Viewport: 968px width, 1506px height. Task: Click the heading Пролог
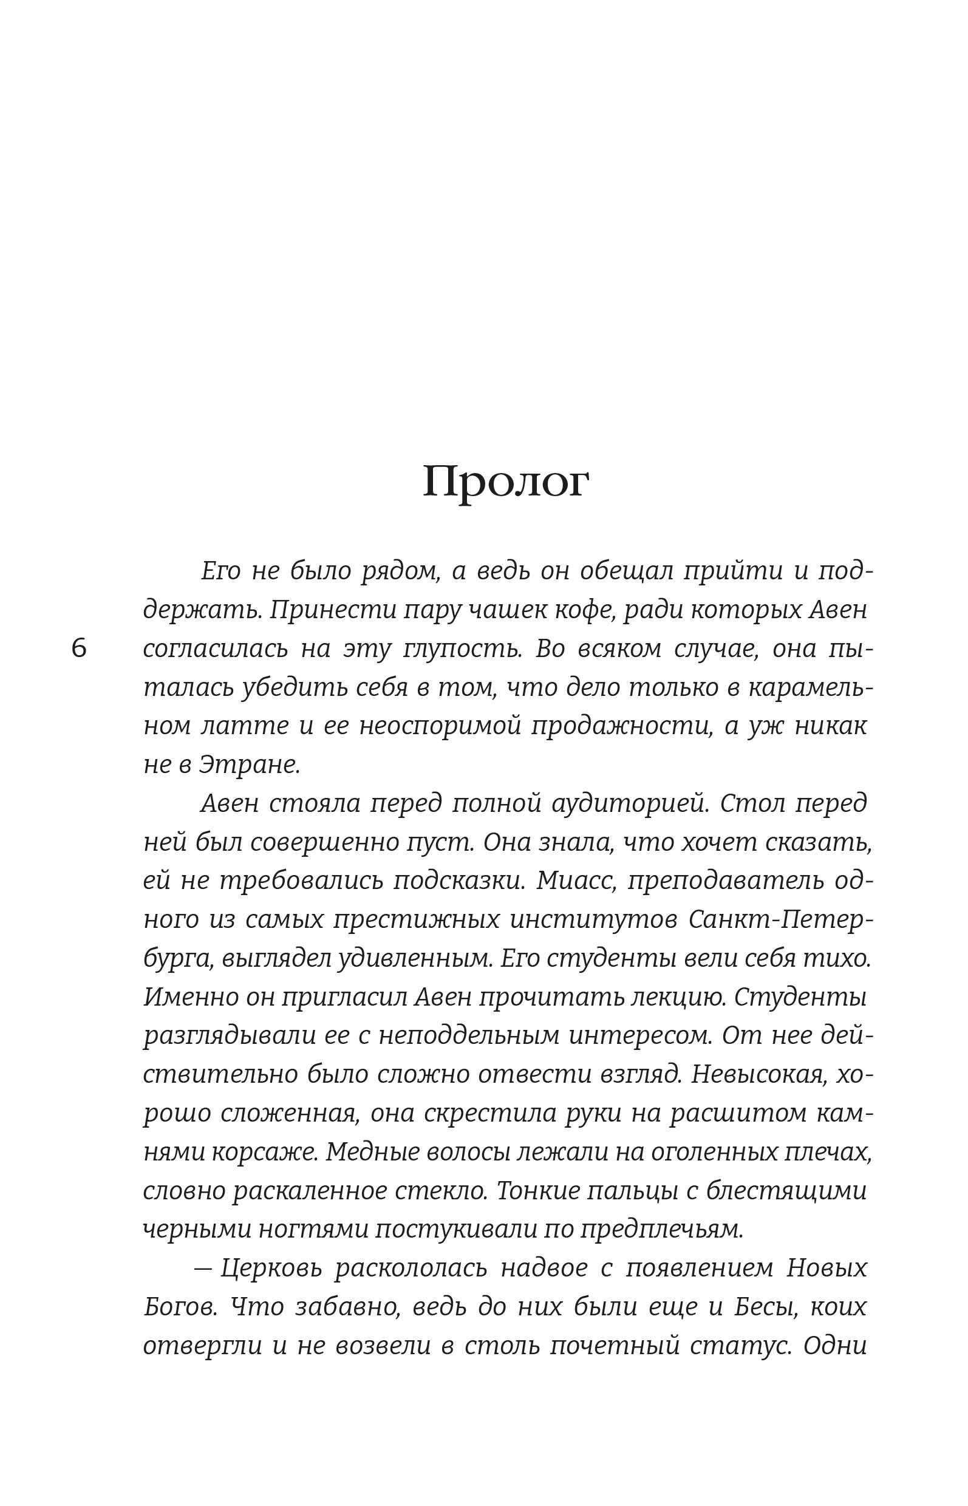pos(505,483)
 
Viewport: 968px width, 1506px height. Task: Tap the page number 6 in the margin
pos(78,649)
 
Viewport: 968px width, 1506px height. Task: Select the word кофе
pos(584,610)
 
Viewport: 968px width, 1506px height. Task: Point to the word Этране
pos(250,765)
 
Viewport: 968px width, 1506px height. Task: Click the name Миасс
pos(577,881)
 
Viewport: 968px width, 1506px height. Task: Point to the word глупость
pos(462,649)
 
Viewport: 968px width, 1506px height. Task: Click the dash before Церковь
pos(202,1269)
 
